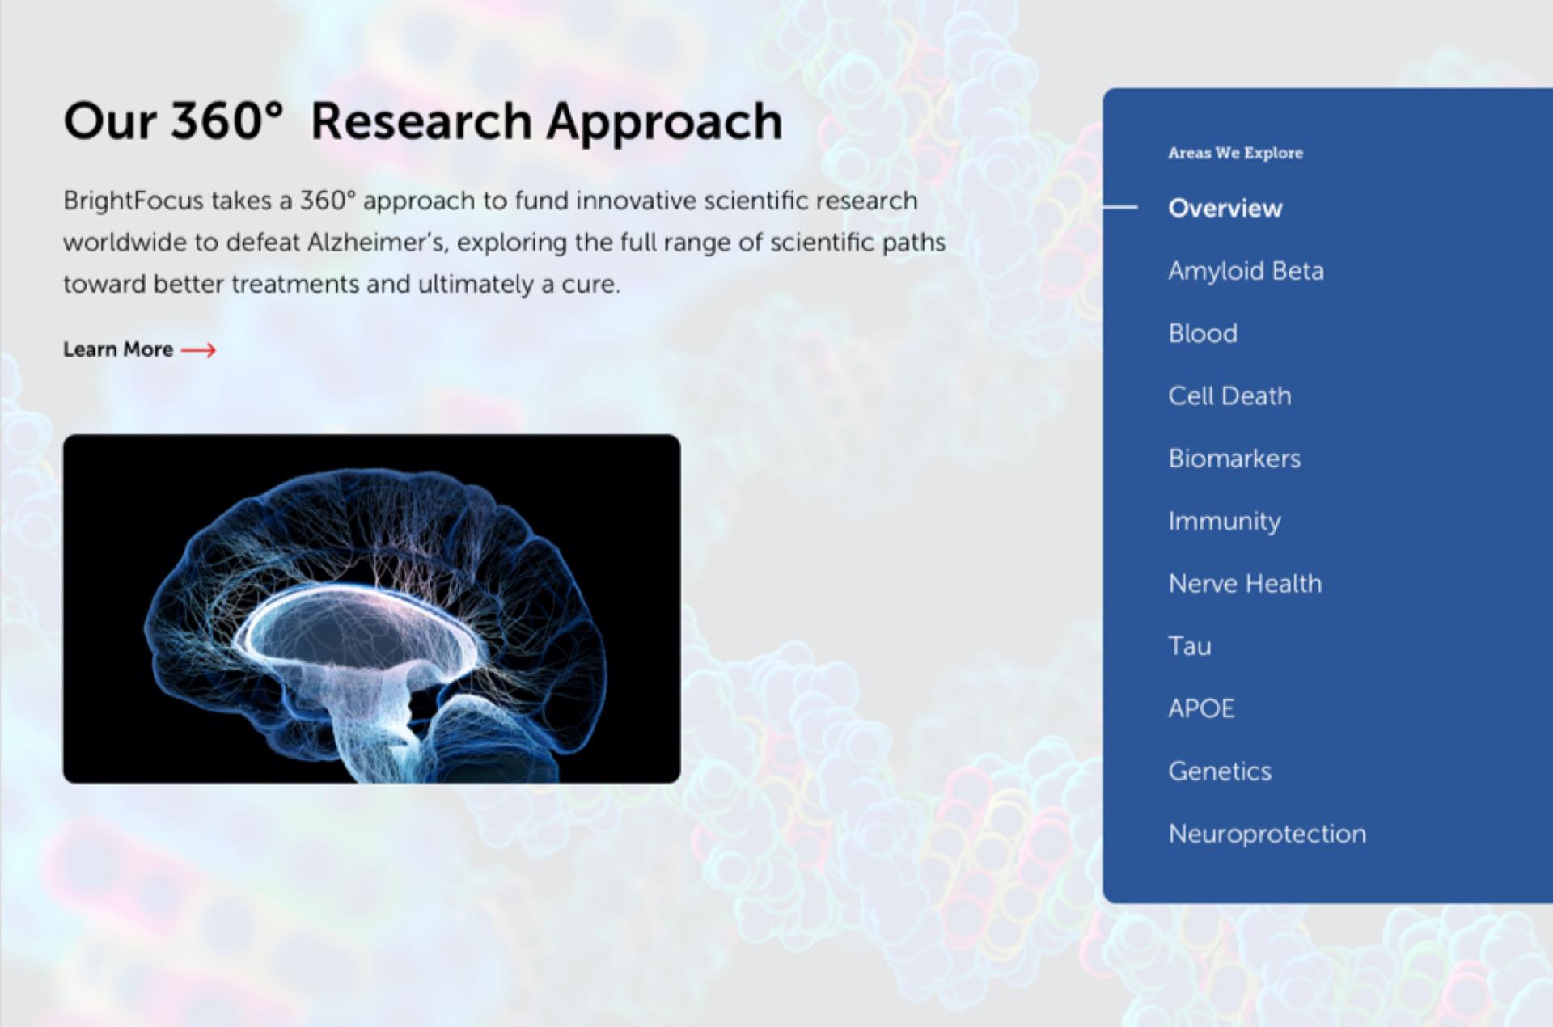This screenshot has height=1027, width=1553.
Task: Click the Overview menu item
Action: click(x=1225, y=208)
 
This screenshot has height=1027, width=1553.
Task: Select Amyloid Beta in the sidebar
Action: click(x=1246, y=271)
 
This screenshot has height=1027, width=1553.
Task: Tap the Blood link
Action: click(x=1202, y=333)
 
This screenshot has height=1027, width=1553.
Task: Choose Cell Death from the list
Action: click(x=1229, y=395)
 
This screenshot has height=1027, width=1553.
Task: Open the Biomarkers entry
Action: click(x=1234, y=459)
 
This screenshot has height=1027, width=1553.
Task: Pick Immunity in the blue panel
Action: click(x=1225, y=522)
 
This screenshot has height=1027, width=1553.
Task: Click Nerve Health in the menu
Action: click(x=1245, y=583)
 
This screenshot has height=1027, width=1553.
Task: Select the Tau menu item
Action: click(x=1189, y=646)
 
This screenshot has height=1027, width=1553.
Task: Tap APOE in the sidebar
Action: click(x=1201, y=708)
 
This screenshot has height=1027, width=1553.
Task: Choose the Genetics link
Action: click(x=1220, y=771)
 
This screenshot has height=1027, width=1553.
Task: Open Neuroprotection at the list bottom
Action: click(x=1267, y=834)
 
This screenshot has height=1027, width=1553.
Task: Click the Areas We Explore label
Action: click(x=1235, y=153)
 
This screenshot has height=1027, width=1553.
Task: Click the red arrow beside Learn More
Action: click(x=198, y=350)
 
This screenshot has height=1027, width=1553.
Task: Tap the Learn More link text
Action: click(x=118, y=349)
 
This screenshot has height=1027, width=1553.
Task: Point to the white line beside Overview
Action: click(x=1120, y=208)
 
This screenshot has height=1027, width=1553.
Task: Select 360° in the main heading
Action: click(x=227, y=121)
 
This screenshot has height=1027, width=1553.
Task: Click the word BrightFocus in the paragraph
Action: click(x=133, y=201)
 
